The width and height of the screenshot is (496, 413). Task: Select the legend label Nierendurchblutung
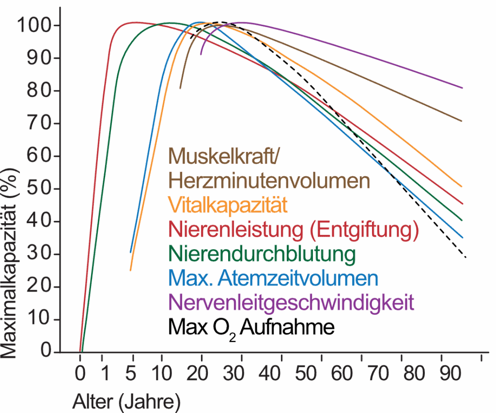[261, 254]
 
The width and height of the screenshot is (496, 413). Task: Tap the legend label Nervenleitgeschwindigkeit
[291, 304]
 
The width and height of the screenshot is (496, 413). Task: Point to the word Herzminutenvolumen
[269, 181]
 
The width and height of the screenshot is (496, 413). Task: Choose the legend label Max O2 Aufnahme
[251, 329]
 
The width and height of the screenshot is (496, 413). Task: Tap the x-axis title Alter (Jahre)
[127, 400]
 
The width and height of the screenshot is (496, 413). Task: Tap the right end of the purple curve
[463, 88]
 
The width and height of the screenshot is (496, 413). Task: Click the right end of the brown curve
[462, 121]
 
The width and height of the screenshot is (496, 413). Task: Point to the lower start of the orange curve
[130, 270]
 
